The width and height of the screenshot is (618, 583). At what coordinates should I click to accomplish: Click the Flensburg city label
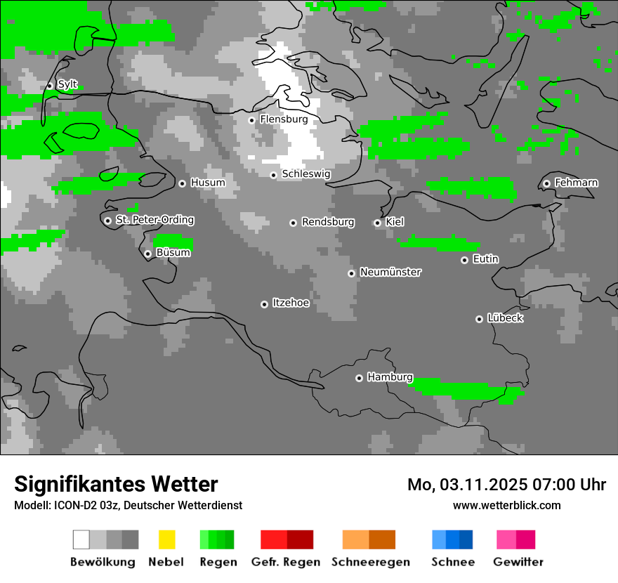tap(284, 119)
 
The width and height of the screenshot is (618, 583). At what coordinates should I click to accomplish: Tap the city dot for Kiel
tap(377, 223)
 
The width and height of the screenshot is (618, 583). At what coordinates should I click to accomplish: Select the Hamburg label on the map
tap(390, 377)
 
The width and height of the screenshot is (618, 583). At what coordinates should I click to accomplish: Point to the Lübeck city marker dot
tap(479, 319)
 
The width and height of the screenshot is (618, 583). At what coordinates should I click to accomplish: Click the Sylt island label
tap(67, 85)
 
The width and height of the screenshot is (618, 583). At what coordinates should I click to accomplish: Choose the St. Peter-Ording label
tap(154, 220)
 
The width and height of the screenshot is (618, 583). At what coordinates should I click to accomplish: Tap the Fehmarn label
tap(576, 183)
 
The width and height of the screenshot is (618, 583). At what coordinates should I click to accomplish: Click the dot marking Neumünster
tap(351, 273)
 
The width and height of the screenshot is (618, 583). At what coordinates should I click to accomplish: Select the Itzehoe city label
tap(291, 303)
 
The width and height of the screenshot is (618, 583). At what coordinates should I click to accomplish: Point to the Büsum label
tap(173, 252)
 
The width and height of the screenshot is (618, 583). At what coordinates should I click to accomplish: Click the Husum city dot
tap(182, 183)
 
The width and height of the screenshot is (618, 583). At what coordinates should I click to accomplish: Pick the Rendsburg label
tap(328, 222)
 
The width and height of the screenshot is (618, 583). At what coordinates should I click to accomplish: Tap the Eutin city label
tap(485, 259)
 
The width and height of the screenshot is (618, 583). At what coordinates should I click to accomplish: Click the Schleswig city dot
tap(273, 175)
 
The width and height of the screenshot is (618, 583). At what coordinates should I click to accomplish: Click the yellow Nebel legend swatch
tap(166, 539)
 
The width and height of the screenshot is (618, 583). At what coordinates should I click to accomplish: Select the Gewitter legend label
tap(518, 562)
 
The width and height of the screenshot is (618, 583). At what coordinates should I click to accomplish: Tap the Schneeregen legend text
tap(370, 562)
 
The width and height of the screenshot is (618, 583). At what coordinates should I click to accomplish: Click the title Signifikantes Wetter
tap(116, 484)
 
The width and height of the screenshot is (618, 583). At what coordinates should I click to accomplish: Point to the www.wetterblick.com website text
tap(506, 505)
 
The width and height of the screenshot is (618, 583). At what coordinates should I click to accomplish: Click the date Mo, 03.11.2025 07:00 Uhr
tap(506, 485)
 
